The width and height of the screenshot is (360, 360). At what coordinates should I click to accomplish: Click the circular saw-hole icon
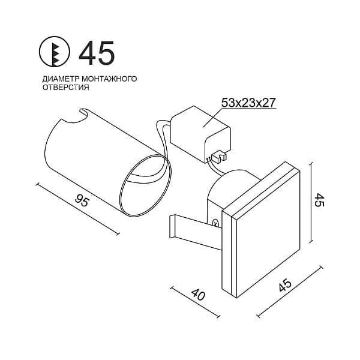(x=55, y=52)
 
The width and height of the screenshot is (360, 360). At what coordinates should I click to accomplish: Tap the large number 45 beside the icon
(x=97, y=53)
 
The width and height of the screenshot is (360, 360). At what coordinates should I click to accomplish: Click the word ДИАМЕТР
(x=61, y=79)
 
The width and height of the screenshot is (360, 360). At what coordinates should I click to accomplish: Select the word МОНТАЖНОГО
(x=109, y=79)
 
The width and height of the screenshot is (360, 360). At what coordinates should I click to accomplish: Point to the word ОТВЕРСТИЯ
(x=66, y=87)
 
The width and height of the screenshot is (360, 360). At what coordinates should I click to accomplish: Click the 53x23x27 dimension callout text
(x=248, y=103)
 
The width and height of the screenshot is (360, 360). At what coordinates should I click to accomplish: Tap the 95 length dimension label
(x=82, y=200)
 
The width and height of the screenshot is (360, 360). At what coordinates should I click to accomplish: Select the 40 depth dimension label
(x=198, y=295)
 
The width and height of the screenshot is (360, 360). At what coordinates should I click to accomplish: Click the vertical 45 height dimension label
(x=319, y=200)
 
